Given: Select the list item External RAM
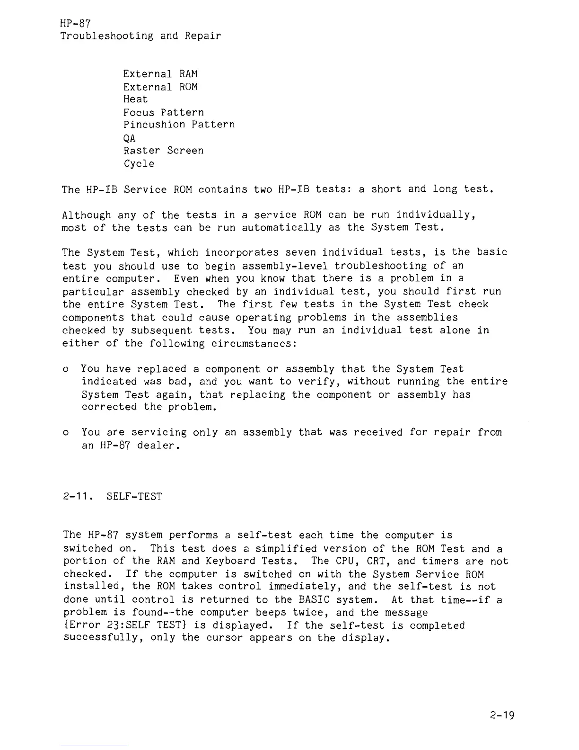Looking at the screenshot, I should [160, 74].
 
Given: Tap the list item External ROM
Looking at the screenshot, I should [160, 87].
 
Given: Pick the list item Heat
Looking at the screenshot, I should [135, 99].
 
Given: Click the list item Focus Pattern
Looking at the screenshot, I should [164, 113].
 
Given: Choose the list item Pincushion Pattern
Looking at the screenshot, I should [179, 125].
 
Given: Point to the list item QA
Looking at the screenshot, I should [129, 138].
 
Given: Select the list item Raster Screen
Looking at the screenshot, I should [164, 151].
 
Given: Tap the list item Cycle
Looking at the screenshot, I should [139, 164].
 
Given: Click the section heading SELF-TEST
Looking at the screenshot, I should [134, 497].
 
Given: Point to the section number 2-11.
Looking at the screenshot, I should [78, 497].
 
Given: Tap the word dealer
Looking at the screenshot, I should [158, 446].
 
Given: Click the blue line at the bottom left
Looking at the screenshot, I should [94, 746].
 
